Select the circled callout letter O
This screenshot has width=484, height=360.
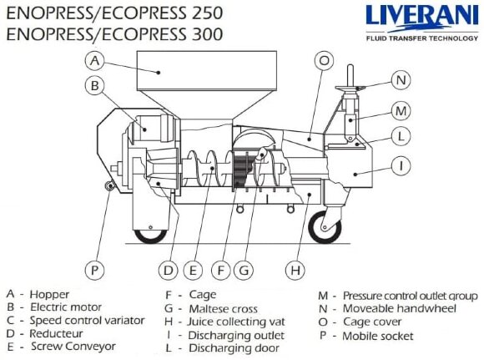click(x=324, y=60)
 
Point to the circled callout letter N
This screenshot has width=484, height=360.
click(x=401, y=80)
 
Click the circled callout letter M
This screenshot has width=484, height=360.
click(x=401, y=110)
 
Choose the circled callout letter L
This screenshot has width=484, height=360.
click(x=401, y=135)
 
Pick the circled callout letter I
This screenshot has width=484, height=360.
click(x=401, y=166)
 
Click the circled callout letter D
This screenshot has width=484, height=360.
click(x=169, y=270)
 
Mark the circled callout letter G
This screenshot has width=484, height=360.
click(x=244, y=270)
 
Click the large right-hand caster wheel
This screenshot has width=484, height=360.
click(x=323, y=226)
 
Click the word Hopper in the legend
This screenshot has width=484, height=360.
click(x=49, y=295)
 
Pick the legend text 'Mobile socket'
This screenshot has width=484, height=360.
click(x=376, y=336)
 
